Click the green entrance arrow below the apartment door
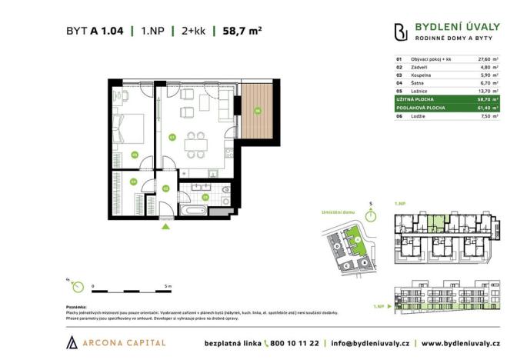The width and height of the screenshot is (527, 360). pyautogui.click(x=164, y=225)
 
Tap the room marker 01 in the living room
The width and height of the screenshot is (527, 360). pyautogui.click(x=172, y=138)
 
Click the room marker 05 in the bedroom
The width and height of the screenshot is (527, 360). pyautogui.click(x=135, y=155)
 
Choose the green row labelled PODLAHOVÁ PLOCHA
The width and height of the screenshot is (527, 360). pyautogui.click(x=447, y=108)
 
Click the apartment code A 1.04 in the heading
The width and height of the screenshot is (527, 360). pyautogui.click(x=105, y=32)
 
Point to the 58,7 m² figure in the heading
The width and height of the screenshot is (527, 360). pyautogui.click(x=242, y=32)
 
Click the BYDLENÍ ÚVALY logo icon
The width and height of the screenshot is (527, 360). pyautogui.click(x=400, y=32)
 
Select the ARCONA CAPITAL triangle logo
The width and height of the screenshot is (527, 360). pyautogui.click(x=72, y=342)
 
